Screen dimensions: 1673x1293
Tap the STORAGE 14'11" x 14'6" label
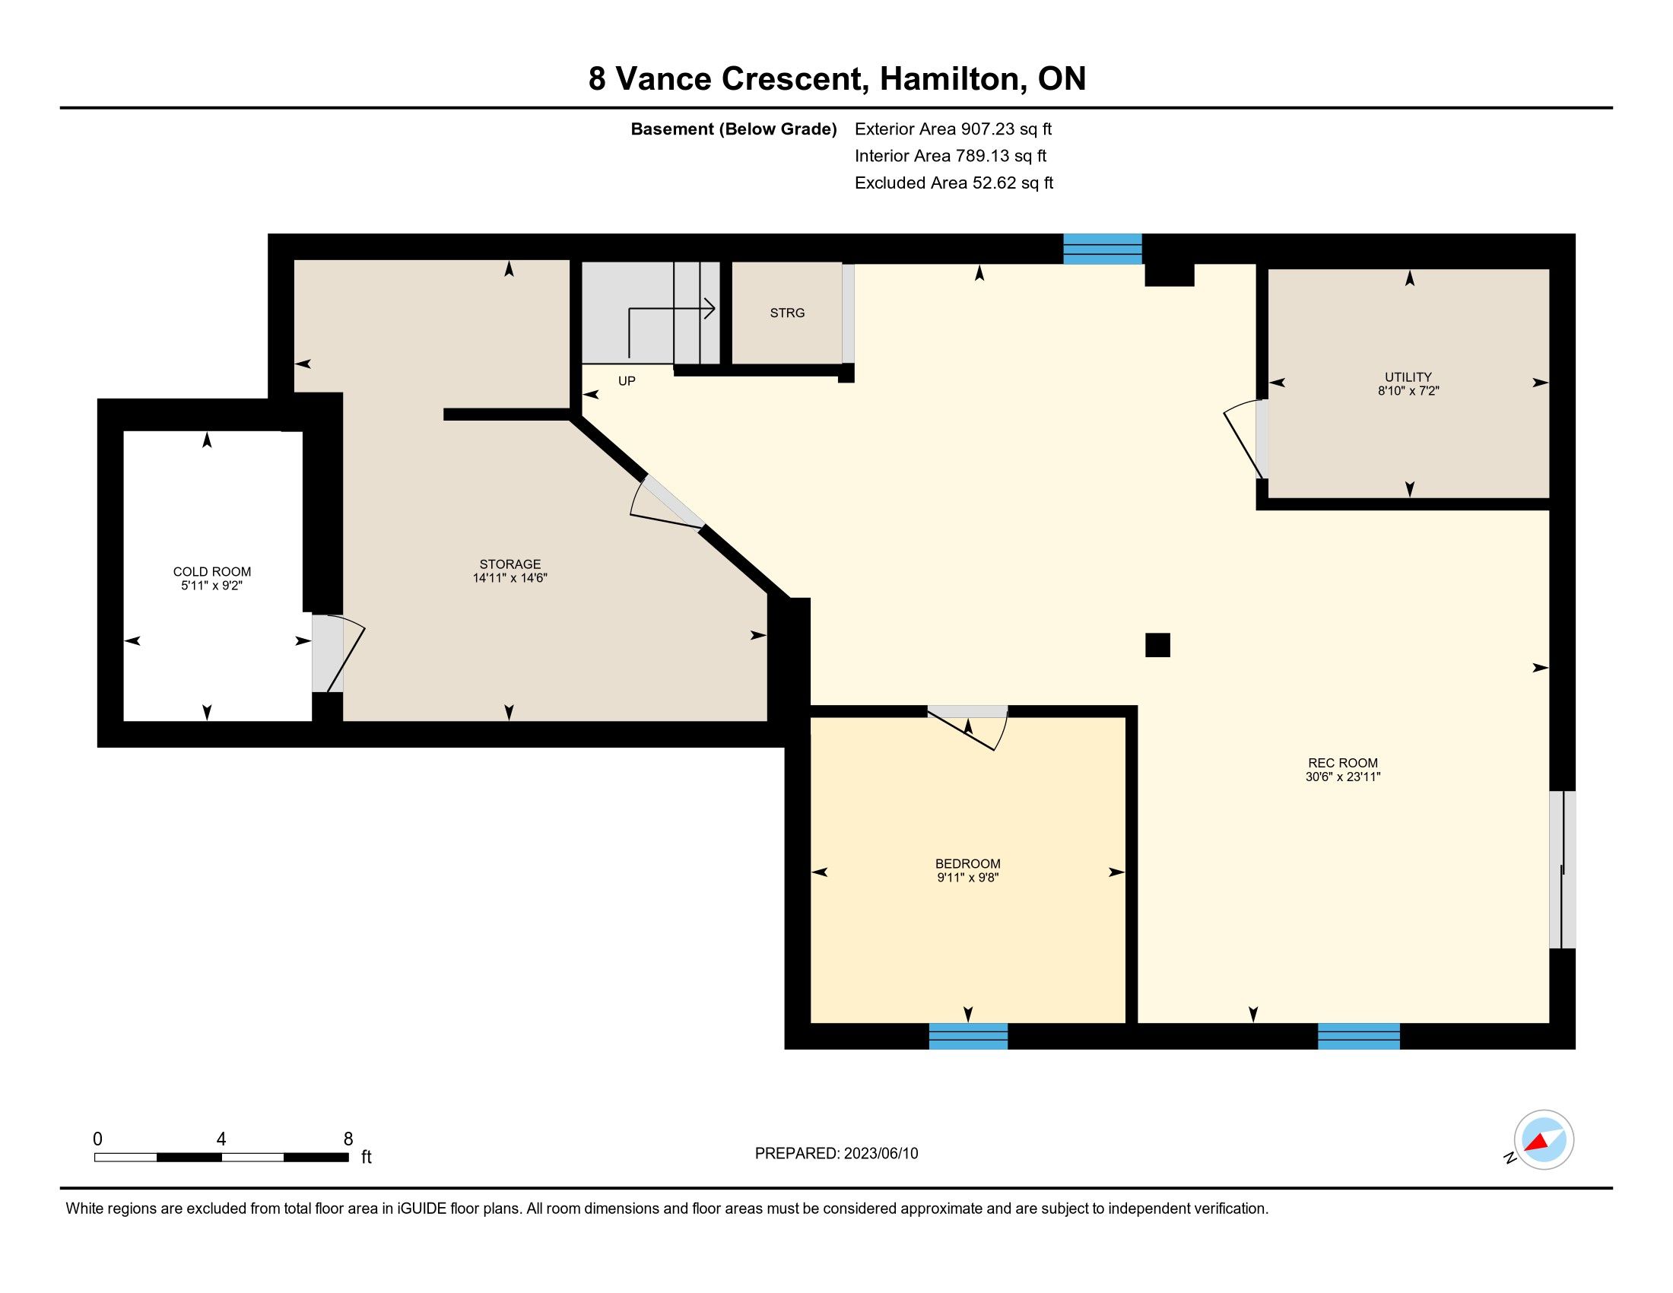(x=510, y=570)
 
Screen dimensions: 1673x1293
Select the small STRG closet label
(x=788, y=313)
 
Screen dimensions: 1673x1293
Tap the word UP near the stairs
(x=627, y=381)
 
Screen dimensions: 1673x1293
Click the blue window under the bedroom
(x=968, y=1036)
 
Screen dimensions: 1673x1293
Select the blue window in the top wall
(x=1103, y=249)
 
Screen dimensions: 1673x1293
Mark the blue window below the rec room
(x=1359, y=1036)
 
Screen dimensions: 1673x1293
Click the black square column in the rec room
(x=1157, y=645)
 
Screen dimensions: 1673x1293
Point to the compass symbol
(x=1544, y=1139)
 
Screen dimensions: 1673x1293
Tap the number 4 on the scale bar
(x=221, y=1139)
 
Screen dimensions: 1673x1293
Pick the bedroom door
(x=968, y=727)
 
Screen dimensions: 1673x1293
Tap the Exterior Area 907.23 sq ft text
(x=953, y=129)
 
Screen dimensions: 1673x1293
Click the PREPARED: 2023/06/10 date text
(x=836, y=1153)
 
